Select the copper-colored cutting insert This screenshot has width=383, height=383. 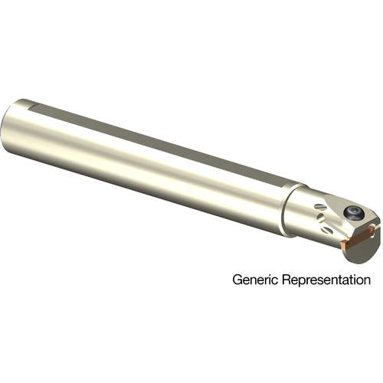tap(358, 237)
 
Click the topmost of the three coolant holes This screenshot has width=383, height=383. tap(319, 207)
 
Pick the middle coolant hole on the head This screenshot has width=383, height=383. tap(322, 218)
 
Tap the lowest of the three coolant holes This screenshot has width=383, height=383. tap(327, 231)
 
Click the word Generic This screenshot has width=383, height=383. tap(255, 280)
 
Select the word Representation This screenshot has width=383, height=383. tap(326, 280)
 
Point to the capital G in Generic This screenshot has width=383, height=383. tap(237, 280)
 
